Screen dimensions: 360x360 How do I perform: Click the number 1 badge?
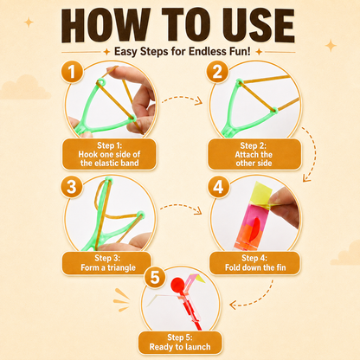72,72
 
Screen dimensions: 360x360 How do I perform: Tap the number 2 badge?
217,72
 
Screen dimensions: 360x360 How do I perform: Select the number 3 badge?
71,186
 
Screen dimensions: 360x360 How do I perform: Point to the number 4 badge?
218,187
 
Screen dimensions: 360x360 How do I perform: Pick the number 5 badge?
155,277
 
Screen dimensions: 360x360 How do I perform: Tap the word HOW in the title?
106,25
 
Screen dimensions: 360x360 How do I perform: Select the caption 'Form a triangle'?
108,267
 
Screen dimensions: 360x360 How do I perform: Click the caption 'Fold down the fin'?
255,267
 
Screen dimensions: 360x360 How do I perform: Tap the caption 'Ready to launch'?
180,347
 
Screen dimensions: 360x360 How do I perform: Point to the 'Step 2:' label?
254,145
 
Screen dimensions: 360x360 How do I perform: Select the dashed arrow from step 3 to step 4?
181,206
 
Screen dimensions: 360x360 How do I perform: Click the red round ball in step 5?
177,284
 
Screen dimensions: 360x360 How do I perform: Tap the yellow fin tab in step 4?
262,193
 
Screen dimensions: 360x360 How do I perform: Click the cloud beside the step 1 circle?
25,87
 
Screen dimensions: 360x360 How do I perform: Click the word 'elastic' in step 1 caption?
106,164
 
